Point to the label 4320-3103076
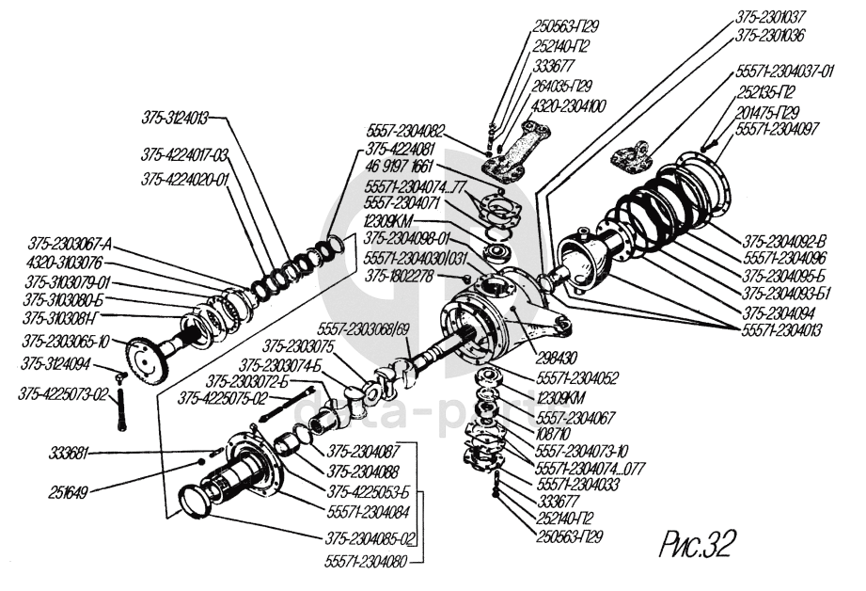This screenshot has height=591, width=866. point(61,264)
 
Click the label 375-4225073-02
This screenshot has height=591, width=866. point(65,392)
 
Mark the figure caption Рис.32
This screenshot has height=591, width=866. point(695,544)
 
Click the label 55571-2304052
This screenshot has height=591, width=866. point(577,379)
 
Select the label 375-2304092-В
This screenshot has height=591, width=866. point(782,239)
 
